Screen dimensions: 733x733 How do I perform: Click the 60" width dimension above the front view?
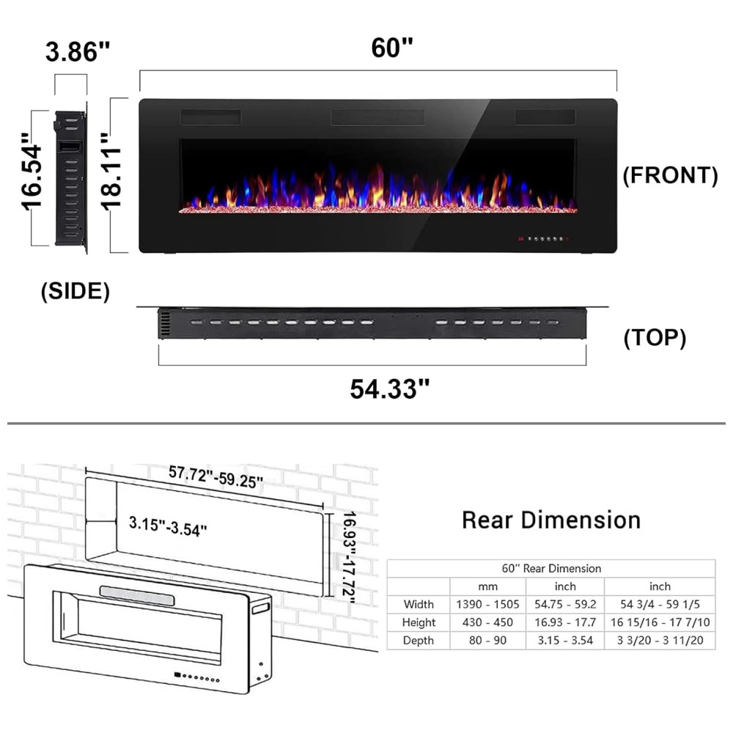(x=392, y=48)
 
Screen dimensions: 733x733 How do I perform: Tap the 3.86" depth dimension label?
(x=78, y=51)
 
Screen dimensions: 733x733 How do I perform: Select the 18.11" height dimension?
(x=111, y=172)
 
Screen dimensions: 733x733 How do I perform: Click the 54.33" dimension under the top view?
(x=390, y=389)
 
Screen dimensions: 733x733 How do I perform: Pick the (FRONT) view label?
(x=671, y=175)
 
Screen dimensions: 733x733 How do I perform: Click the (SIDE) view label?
(x=75, y=291)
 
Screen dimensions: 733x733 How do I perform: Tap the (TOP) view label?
(x=655, y=337)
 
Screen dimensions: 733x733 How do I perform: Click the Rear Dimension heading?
(x=551, y=520)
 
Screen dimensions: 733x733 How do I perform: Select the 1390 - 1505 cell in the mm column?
(x=487, y=605)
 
